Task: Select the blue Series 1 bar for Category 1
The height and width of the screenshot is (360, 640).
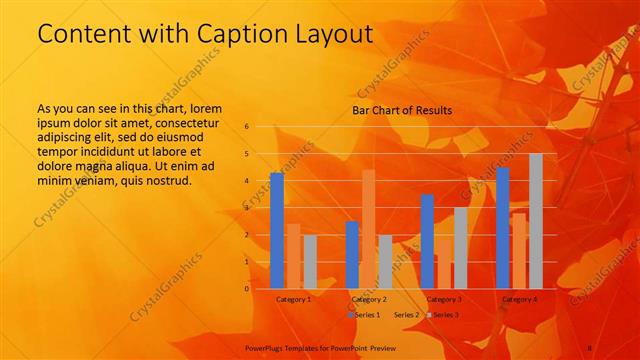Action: [x=277, y=231]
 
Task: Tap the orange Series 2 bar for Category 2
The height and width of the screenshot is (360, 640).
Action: [x=369, y=229]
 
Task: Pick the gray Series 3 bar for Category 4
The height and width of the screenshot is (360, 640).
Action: [x=536, y=221]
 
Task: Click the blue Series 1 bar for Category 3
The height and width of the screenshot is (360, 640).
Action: [x=427, y=241]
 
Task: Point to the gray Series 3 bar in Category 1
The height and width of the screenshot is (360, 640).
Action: [x=310, y=262]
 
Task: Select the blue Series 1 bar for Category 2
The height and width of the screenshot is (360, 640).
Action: [x=352, y=255]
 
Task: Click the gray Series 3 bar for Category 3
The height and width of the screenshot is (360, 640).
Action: [x=460, y=248]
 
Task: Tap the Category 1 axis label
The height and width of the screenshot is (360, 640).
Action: [x=293, y=299]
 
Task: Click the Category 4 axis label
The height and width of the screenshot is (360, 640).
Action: [x=519, y=299]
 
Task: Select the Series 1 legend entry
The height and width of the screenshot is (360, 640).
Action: [x=366, y=315]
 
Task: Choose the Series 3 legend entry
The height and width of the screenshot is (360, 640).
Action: [x=444, y=315]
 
